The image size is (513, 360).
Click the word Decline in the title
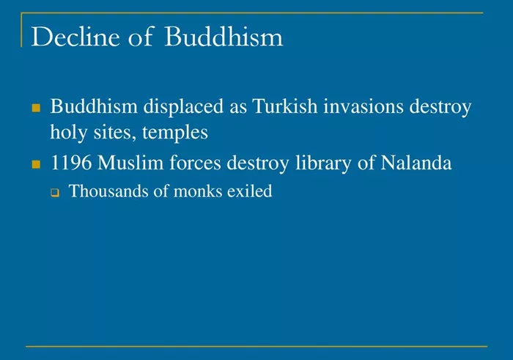tap(75, 37)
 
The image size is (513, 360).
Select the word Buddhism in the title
tap(224, 36)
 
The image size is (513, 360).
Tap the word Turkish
tap(284, 106)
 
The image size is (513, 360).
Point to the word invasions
tap(363, 107)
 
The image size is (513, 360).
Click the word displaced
tap(183, 107)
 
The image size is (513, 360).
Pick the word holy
tap(69, 132)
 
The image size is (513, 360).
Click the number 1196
tap(71, 163)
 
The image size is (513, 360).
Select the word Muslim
tap(130, 163)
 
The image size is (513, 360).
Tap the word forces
tap(195, 163)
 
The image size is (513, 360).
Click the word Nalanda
tap(416, 163)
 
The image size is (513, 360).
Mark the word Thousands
tap(108, 191)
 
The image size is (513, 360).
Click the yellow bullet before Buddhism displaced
tap(36, 108)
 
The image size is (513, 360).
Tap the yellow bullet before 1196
tap(36, 164)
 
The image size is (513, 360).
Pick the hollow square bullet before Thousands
tap(55, 193)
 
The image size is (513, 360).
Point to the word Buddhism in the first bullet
tap(94, 107)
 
